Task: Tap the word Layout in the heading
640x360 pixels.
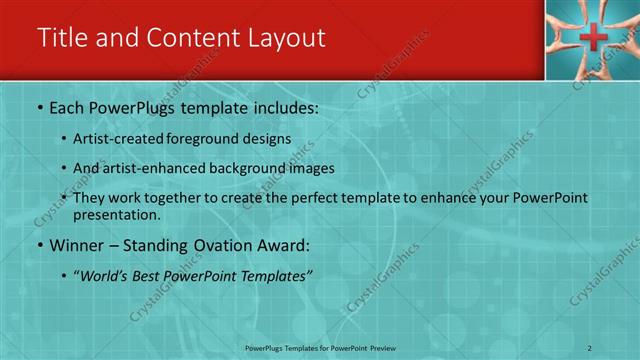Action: (282, 38)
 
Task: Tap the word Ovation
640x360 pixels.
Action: (220, 245)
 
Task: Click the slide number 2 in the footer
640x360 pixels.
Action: (590, 347)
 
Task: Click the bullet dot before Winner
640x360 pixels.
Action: (39, 245)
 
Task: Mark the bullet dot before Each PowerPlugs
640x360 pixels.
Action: (39, 106)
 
